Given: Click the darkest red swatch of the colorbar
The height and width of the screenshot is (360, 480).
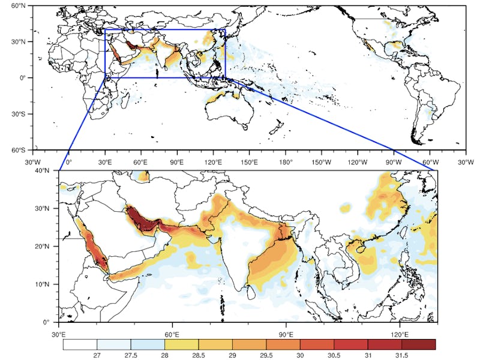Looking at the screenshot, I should [x=418, y=344].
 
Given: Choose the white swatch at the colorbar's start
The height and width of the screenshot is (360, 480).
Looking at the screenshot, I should [x=80, y=344].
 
